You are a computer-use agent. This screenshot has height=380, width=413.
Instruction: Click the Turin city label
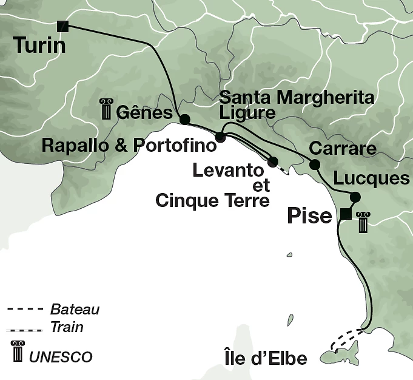39,46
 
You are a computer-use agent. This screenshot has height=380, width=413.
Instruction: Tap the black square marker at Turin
62,25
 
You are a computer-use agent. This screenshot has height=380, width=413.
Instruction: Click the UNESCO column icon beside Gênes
107,111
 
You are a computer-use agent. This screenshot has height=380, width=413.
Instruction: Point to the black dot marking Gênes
185,119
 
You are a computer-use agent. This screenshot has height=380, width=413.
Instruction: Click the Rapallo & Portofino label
129,146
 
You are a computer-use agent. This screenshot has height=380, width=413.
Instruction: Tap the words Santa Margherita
296,97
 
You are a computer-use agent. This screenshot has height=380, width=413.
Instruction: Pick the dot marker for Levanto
272,161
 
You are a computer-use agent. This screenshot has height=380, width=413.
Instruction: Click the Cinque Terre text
212,200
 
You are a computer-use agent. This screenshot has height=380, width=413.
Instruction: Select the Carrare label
343,149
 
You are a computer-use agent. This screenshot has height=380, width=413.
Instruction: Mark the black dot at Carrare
314,165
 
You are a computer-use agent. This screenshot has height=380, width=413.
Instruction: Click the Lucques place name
372,179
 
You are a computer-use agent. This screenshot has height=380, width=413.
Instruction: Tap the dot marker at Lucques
355,197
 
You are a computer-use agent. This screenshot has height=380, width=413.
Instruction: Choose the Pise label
309,216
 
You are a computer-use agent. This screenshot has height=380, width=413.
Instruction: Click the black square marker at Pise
345,214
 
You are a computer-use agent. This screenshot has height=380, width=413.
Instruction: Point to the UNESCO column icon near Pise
363,222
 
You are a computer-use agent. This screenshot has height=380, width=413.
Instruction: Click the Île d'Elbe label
265,358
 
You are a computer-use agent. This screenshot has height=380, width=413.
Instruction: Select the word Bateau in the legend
75,310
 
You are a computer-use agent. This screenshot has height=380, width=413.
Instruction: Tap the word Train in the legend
67,328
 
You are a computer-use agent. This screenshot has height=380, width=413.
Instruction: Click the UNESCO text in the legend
61,357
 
